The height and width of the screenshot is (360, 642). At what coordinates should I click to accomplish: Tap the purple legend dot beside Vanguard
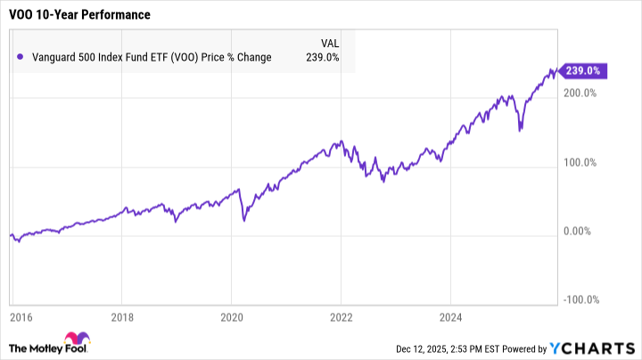[x=20, y=57]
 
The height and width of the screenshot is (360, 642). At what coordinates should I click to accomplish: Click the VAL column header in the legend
[x=329, y=42]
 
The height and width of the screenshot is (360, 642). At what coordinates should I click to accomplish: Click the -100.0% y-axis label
[x=581, y=300]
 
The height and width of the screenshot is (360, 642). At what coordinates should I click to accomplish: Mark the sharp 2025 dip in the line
[x=521, y=130]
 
